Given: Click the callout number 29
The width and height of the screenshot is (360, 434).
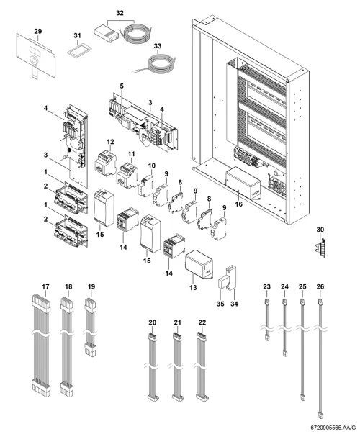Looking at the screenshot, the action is click(38, 31).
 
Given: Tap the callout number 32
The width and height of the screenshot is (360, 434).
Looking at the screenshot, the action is click(120, 13).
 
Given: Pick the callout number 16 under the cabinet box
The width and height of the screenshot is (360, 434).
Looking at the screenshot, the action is click(239, 204).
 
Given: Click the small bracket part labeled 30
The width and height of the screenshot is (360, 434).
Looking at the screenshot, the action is click(320, 245).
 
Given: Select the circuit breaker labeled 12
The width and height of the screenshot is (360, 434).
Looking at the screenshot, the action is click(105, 163).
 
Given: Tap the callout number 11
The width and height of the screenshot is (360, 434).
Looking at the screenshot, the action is click(131, 153).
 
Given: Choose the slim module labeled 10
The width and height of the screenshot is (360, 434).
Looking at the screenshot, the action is click(145, 185).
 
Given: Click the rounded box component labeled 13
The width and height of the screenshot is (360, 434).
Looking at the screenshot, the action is click(199, 265).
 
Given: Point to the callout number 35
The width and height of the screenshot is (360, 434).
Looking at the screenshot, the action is click(220, 304).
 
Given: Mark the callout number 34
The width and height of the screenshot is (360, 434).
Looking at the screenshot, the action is click(234, 304).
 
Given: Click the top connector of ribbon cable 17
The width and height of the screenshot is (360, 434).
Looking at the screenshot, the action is click(41, 304).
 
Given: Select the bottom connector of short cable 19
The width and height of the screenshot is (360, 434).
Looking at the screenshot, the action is click(91, 350).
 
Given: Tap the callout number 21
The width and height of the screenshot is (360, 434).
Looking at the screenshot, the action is click(178, 322).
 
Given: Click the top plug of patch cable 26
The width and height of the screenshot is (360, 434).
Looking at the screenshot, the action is click(320, 302).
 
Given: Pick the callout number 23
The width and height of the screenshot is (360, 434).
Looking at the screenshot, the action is click(266, 286).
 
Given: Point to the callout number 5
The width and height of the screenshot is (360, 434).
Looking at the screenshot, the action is click(122, 86).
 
